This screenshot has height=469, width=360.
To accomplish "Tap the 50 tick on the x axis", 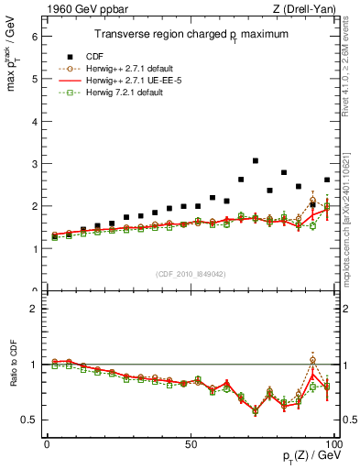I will click(x=190, y=443).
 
